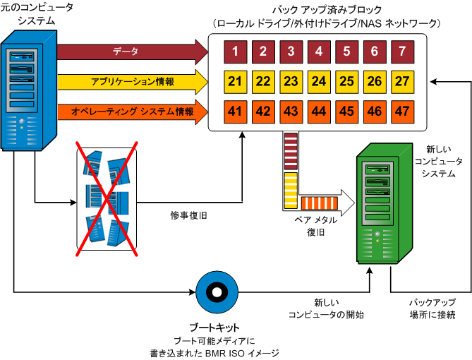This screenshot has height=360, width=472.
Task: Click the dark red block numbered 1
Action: coord(234,51)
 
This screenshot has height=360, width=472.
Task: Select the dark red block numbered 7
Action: coord(402,51)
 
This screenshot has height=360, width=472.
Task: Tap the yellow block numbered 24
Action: coord(318,81)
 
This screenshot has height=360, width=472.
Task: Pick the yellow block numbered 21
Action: coord(234,81)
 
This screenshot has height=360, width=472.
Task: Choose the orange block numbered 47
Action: coord(402,112)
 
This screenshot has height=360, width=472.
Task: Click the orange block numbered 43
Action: coord(290,112)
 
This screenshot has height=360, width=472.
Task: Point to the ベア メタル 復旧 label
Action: coord(315,225)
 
